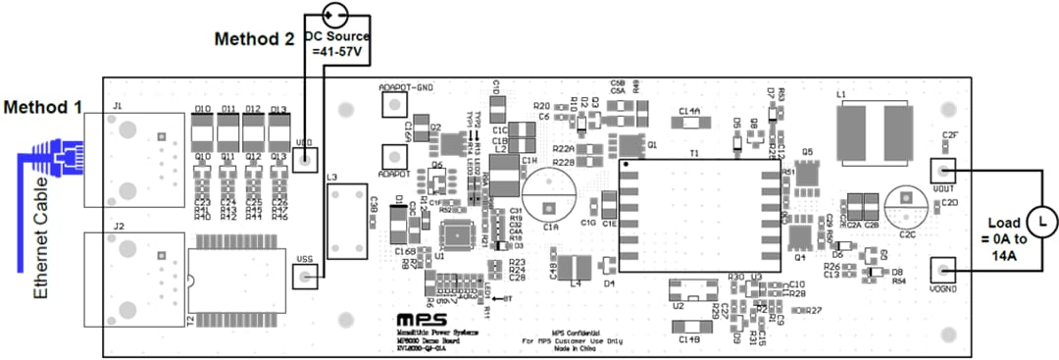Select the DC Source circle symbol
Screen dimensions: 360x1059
(x=336, y=14)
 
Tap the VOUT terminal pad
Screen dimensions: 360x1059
(x=942, y=170)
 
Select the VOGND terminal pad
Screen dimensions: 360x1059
(x=942, y=269)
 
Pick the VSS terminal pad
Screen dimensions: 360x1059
(x=307, y=280)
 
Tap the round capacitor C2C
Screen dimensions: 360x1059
(x=907, y=209)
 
